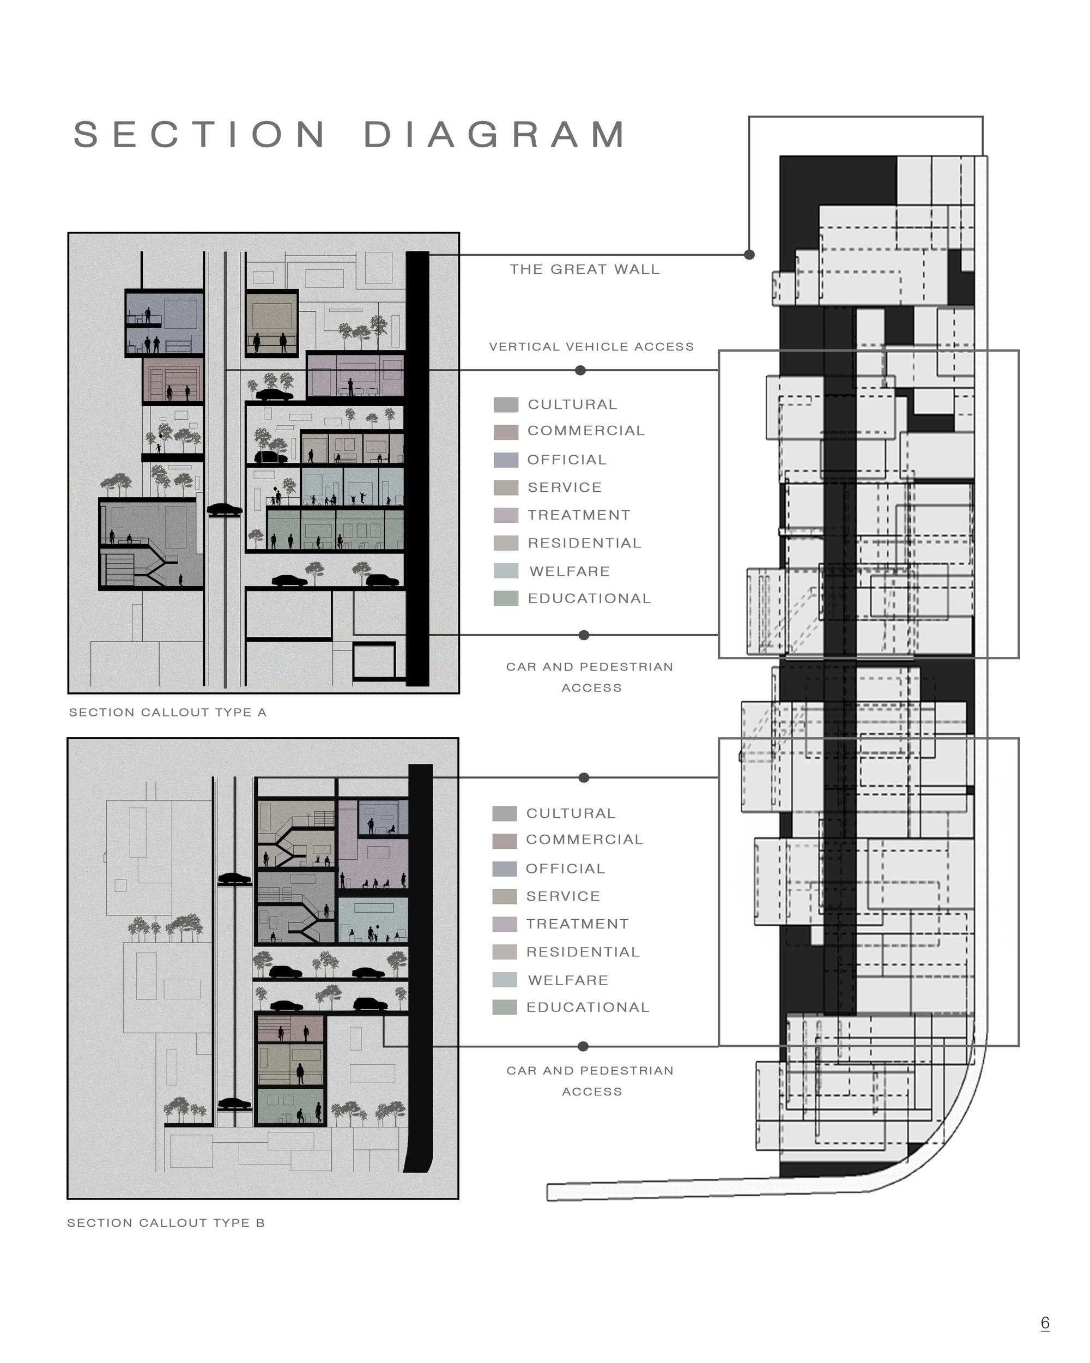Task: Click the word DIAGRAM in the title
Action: click(x=495, y=134)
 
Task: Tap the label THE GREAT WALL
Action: click(x=584, y=269)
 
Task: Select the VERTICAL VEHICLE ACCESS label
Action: click(x=591, y=346)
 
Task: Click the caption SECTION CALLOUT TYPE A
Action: click(x=167, y=713)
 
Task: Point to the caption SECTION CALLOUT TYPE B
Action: click(x=166, y=1223)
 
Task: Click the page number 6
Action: click(x=1045, y=1323)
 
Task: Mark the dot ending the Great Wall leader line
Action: click(x=749, y=255)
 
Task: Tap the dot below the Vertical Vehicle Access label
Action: click(x=580, y=370)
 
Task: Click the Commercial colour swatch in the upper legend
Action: click(x=506, y=432)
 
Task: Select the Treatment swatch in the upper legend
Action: click(x=506, y=515)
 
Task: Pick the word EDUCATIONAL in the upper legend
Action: click(x=590, y=598)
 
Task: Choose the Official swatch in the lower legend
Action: click(x=505, y=869)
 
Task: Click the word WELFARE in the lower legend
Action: click(x=568, y=980)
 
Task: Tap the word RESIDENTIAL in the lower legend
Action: click(x=583, y=952)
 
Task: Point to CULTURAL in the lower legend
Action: click(x=571, y=813)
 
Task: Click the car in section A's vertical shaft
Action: click(x=225, y=510)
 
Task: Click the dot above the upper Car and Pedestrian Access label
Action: click(x=584, y=635)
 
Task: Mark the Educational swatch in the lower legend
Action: click(x=505, y=1007)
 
